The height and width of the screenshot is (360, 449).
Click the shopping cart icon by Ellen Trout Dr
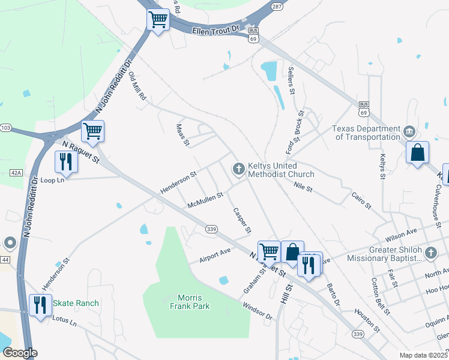point(158,20)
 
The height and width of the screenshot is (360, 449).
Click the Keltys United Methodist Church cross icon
point(239,169)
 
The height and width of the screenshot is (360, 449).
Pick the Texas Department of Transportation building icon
point(408,131)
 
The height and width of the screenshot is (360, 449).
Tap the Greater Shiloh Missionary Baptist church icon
point(430,254)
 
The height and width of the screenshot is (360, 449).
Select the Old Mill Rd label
point(137,85)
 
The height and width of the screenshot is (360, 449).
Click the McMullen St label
point(205,200)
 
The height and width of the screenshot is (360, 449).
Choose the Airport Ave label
point(215,255)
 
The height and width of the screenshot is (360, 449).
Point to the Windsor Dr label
point(257,310)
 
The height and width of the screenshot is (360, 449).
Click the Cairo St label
point(361,200)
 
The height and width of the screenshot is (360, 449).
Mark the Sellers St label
point(292,81)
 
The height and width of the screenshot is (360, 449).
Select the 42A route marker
point(16,173)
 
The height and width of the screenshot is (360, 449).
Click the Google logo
point(20,352)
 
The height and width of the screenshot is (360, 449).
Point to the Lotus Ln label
point(65,322)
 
